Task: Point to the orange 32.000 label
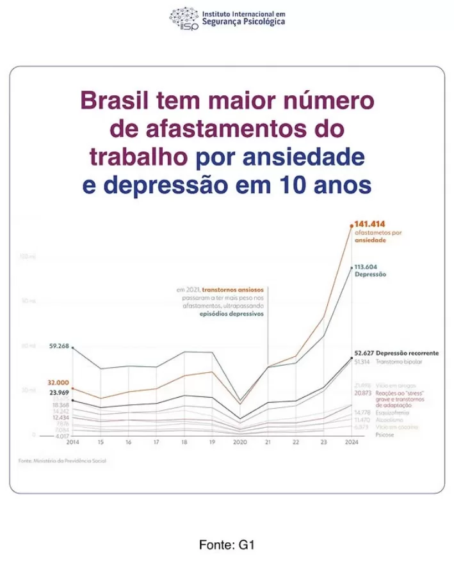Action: coord(58,382)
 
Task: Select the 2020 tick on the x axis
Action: coord(239,442)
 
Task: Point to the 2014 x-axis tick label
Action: coord(72,442)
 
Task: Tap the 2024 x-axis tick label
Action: coord(351,442)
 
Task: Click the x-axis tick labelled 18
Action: coord(184,442)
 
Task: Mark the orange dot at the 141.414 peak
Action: coord(351,225)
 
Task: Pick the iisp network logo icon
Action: coord(184,17)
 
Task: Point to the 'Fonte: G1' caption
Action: coord(227,545)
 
